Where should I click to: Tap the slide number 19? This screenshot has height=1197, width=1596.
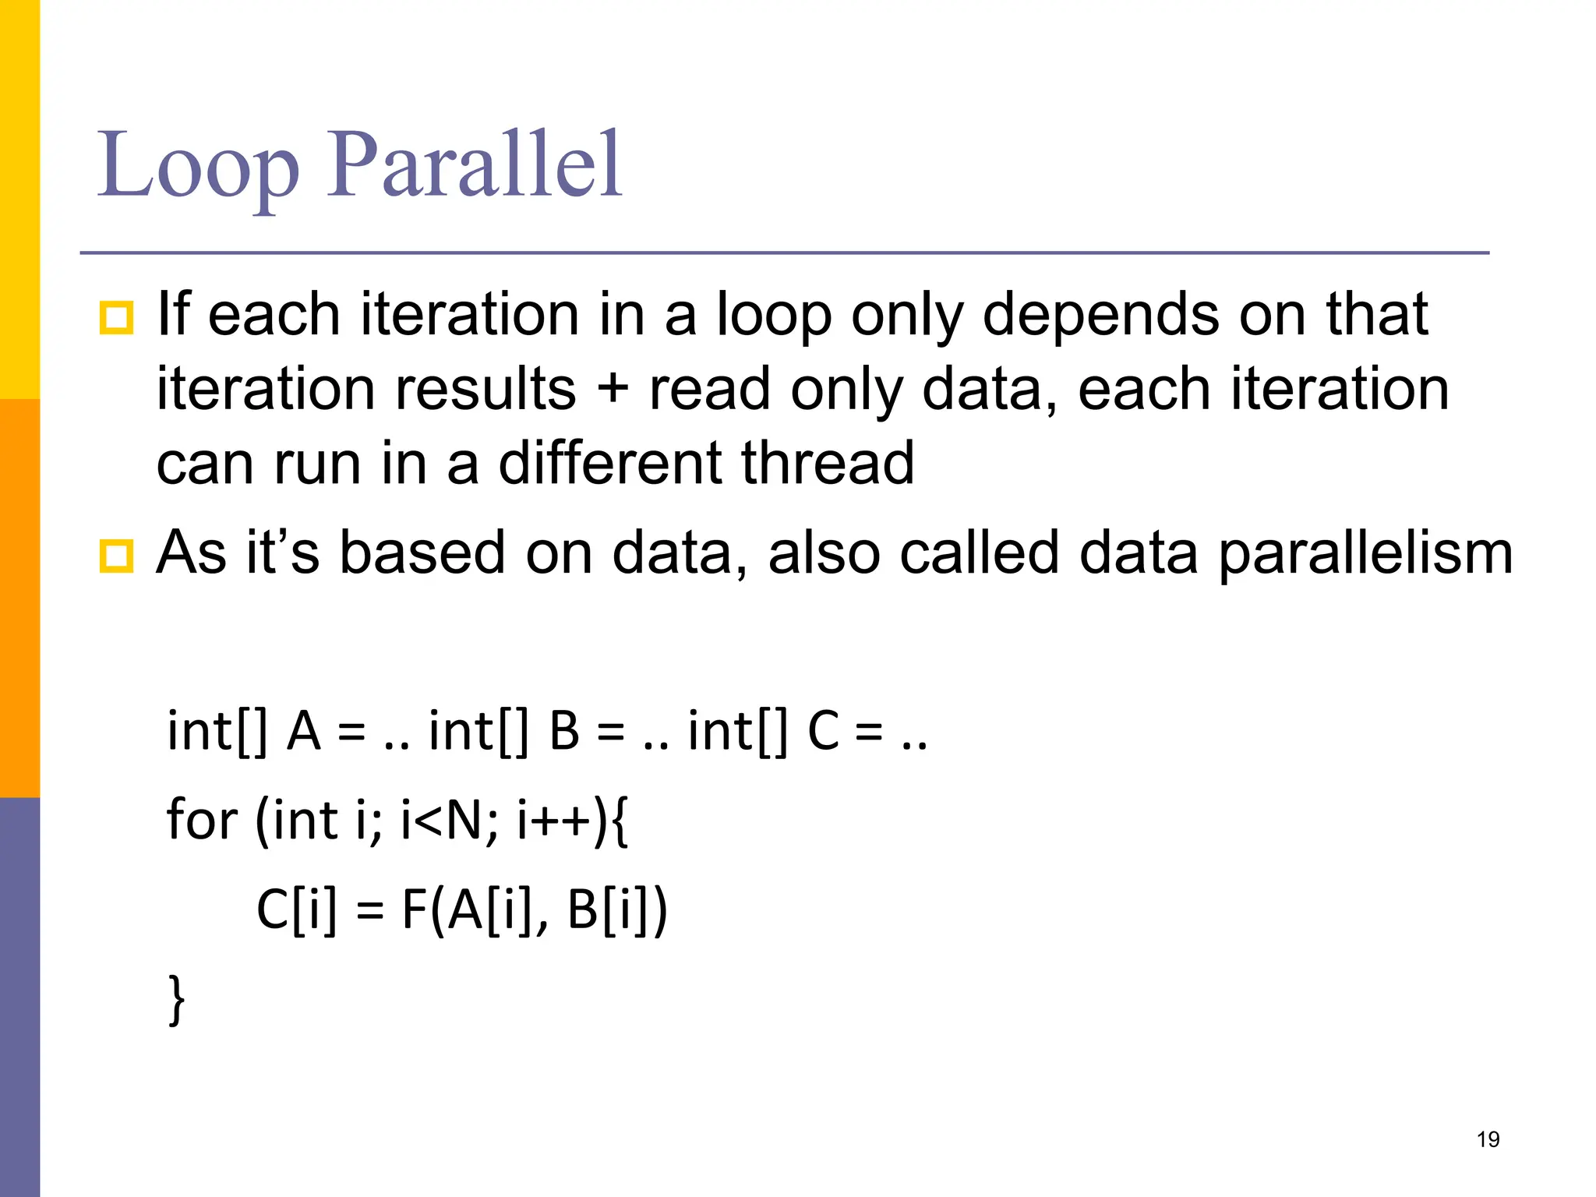[x=1488, y=1139]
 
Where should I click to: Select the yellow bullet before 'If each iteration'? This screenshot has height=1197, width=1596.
[x=116, y=318]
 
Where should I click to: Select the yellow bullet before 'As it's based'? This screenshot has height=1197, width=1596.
[x=116, y=556]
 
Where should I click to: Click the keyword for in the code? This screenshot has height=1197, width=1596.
[x=202, y=820]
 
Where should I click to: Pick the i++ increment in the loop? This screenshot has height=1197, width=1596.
[x=555, y=820]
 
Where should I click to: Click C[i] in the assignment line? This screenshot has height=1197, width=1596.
[x=297, y=909]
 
